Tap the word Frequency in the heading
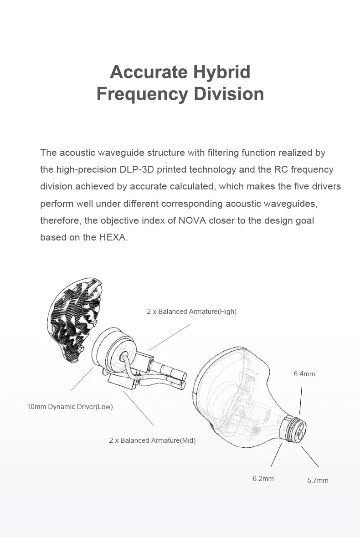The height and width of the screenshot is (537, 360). (x=142, y=94)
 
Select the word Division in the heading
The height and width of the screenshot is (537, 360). (x=229, y=94)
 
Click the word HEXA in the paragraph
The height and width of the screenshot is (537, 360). (x=112, y=237)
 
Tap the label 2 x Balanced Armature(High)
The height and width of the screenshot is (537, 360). (x=191, y=312)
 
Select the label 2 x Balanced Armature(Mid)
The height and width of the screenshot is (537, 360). (x=152, y=440)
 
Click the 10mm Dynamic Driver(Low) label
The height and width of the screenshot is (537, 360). (x=70, y=406)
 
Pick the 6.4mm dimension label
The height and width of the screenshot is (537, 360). (x=304, y=374)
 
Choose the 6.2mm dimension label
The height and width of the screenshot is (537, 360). (x=263, y=479)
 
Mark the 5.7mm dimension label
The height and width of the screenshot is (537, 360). (x=318, y=480)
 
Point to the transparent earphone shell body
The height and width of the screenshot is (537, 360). (x=232, y=396)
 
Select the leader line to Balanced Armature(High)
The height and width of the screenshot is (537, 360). (x=170, y=337)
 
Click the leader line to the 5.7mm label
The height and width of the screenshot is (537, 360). (x=310, y=457)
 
